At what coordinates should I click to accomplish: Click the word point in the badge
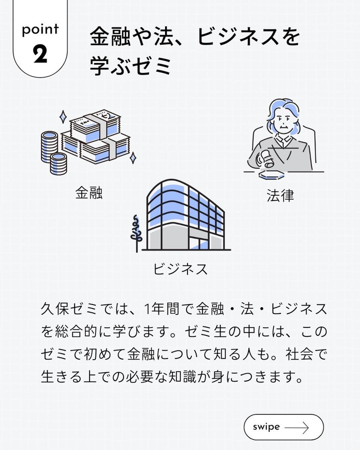point(40,29)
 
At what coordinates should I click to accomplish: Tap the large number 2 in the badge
point(40,54)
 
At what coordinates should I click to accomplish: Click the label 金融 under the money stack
point(89,192)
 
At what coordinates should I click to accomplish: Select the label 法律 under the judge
point(280,195)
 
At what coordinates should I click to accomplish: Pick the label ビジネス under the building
point(180,269)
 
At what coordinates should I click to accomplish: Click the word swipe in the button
point(266,427)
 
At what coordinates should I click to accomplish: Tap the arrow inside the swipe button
point(296,427)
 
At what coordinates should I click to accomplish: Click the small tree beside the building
point(136,233)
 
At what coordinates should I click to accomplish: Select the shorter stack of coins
point(58,163)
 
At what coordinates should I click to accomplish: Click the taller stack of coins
point(49,146)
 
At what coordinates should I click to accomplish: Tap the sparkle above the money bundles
point(63,117)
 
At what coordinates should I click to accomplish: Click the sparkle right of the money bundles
point(132,158)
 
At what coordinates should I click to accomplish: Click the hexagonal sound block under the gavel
point(271,175)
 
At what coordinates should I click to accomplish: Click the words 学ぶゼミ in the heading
point(131,65)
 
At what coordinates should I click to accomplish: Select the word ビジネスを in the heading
point(248,36)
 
